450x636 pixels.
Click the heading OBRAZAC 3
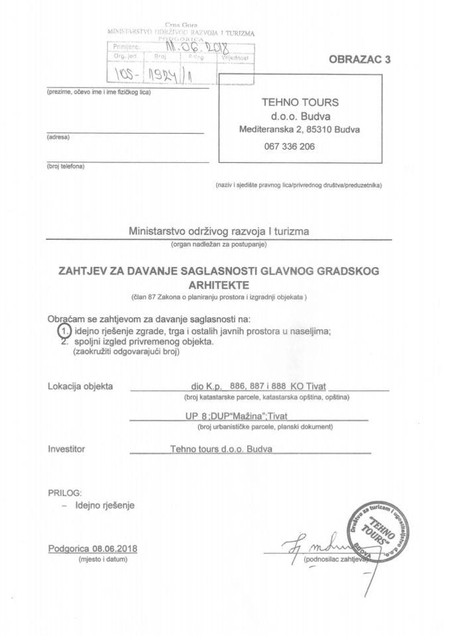click(x=361, y=59)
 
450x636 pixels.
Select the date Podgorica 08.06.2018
click(x=97, y=549)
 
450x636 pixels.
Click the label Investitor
click(x=67, y=449)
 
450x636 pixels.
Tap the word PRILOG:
click(x=65, y=494)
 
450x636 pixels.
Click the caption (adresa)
click(x=58, y=137)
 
